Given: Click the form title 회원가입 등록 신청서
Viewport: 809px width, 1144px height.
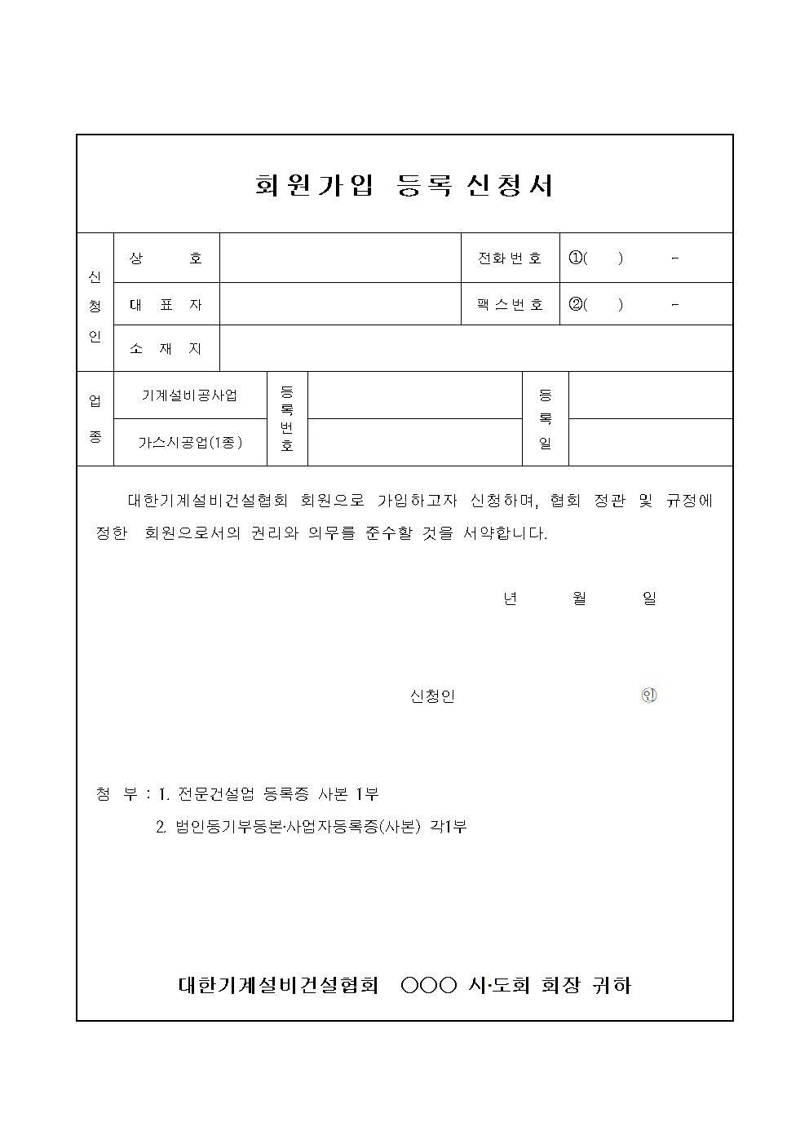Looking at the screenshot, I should click(404, 185).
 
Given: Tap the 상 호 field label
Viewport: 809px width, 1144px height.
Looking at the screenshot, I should click(166, 258).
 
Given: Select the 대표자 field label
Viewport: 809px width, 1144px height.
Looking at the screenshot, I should click(166, 305).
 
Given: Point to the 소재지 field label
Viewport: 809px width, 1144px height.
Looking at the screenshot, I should click(166, 349).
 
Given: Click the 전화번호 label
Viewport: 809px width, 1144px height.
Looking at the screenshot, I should click(510, 258).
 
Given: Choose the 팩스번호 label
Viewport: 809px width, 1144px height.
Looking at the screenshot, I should click(510, 305).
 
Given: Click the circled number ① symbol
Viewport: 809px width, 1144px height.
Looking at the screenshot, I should click(576, 258).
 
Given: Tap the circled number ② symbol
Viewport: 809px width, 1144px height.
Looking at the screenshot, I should click(576, 305).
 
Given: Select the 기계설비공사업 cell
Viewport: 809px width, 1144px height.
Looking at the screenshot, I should click(190, 395).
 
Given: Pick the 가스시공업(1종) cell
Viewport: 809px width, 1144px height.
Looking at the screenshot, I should click(190, 443).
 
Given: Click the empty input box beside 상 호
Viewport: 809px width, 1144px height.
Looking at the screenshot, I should click(340, 258).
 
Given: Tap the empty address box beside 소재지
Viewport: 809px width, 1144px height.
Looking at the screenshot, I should click(475, 349).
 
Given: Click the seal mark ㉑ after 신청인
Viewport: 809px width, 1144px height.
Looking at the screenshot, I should click(649, 696).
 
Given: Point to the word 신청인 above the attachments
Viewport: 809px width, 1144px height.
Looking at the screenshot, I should click(432, 696).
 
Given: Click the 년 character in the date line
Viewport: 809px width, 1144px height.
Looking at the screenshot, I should click(511, 599).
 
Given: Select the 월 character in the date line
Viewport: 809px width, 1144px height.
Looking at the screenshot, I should click(580, 599).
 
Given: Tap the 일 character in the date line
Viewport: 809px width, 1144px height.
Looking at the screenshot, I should click(649, 599).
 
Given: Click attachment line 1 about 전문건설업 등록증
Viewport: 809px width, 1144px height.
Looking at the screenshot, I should click(268, 793).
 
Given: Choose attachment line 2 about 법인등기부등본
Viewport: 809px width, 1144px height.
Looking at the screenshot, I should click(311, 827).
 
